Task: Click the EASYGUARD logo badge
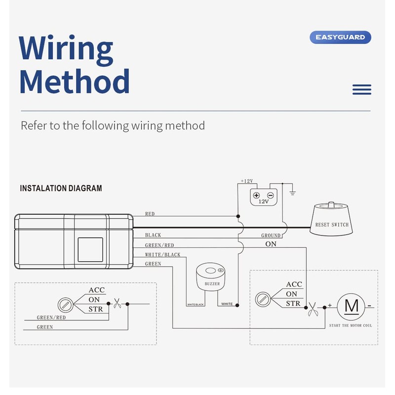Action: point(340,38)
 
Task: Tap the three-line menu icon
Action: point(362,90)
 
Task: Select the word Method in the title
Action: point(75,81)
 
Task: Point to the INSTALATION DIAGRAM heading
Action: point(61,188)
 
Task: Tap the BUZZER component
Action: point(211,277)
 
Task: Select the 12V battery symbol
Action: point(264,197)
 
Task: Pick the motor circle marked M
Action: point(351,307)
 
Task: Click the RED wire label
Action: point(150,214)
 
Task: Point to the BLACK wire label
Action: point(153,235)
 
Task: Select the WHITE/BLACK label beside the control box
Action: point(163,255)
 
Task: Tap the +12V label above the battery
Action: point(247,181)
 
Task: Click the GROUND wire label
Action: point(271,236)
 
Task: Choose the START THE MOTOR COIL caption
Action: point(351,325)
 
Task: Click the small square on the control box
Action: point(90,250)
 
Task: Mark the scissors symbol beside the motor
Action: point(313,310)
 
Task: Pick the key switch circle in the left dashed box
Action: point(66,305)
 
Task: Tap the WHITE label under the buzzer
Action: point(227,304)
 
